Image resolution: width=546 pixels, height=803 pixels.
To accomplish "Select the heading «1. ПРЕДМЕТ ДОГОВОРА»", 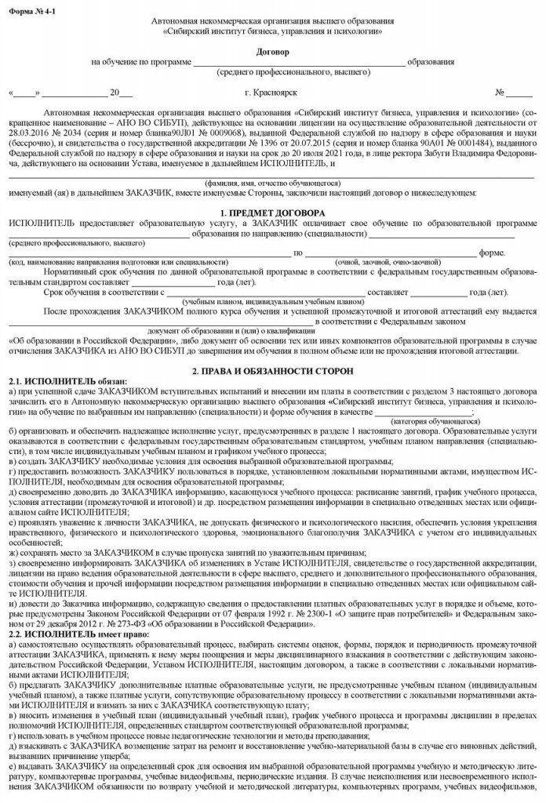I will tap(272, 213).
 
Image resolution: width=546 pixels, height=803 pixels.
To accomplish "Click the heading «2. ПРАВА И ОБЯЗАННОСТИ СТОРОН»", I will tap(272, 369).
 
